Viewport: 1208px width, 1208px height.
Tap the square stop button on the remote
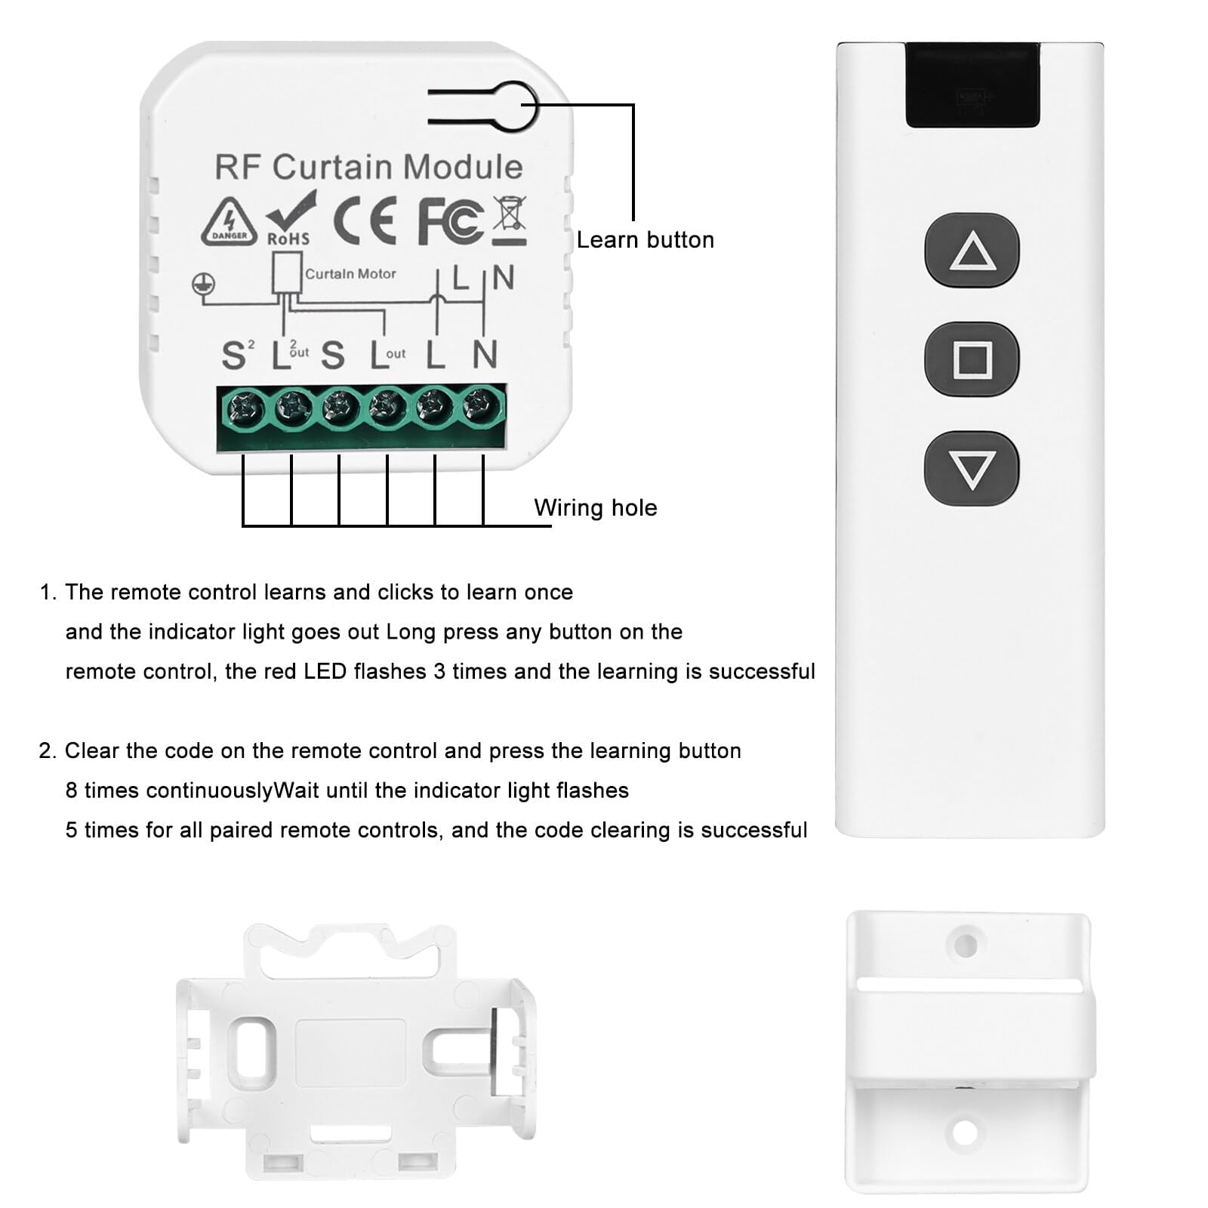[x=972, y=360]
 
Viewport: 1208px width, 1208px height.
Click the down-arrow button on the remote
[x=972, y=469]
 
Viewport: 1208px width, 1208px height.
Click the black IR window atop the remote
[x=972, y=85]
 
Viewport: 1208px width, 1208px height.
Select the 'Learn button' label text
[x=645, y=240]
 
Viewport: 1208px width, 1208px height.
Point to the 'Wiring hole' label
[x=595, y=508]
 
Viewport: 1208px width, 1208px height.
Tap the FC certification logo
[x=450, y=220]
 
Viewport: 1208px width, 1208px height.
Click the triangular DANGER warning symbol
[x=229, y=221]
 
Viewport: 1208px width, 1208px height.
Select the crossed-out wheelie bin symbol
[x=510, y=220]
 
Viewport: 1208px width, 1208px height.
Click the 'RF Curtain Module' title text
[x=368, y=167]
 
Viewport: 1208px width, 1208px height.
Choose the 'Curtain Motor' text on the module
[x=350, y=274]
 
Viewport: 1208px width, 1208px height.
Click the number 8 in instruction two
[x=71, y=790]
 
